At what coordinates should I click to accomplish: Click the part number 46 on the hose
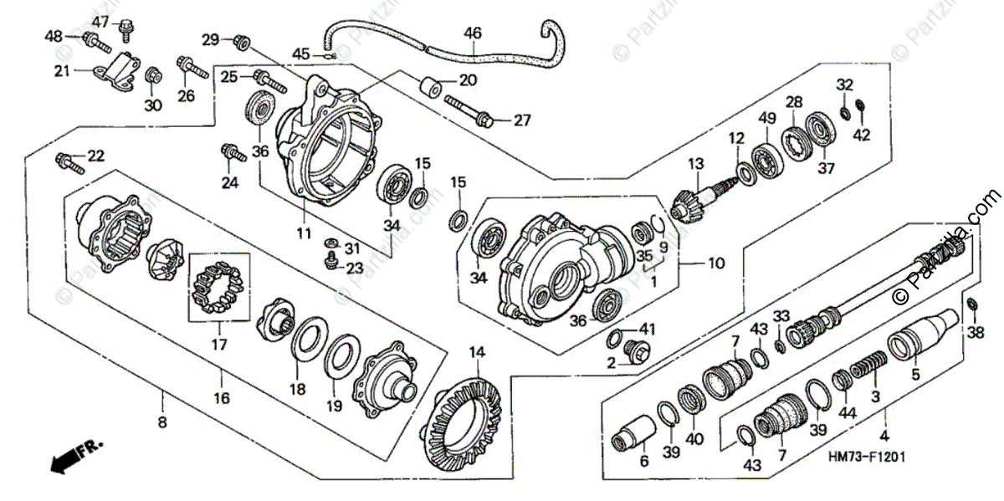pyautogui.click(x=473, y=33)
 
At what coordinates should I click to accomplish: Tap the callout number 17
pyautogui.click(x=220, y=343)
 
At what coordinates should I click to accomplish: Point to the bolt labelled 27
pyautogui.click(x=469, y=112)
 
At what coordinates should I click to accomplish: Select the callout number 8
pyautogui.click(x=161, y=422)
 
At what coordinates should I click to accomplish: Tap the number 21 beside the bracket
pyautogui.click(x=61, y=71)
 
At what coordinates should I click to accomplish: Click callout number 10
pyautogui.click(x=715, y=263)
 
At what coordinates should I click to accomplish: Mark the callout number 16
pyautogui.click(x=220, y=398)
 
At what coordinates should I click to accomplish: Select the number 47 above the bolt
pyautogui.click(x=100, y=21)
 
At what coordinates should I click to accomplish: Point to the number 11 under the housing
pyautogui.click(x=304, y=232)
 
